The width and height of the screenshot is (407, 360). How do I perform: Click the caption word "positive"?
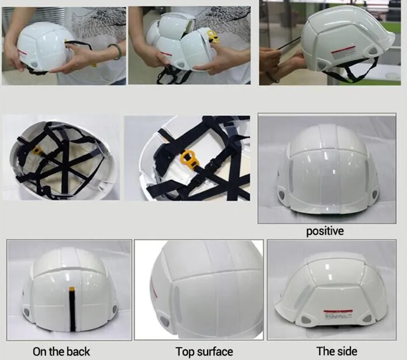coord(325,231)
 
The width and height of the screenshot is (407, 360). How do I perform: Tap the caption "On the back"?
coord(61,351)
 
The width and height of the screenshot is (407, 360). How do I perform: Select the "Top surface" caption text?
coord(204,351)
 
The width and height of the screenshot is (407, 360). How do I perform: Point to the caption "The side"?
coord(336,351)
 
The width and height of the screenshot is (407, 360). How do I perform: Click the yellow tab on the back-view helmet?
coord(72,289)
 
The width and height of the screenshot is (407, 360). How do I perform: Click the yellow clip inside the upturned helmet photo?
coord(37,151)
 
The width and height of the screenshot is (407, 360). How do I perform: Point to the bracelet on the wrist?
coord(117,51)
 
